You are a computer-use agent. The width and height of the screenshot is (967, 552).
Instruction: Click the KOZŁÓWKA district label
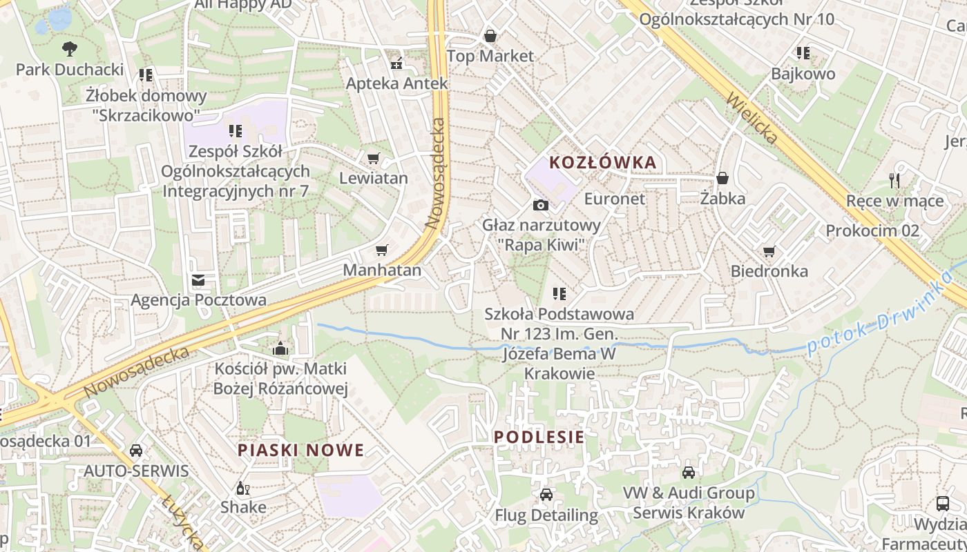click(602, 163)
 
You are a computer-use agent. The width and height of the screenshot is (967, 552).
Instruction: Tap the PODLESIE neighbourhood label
click(539, 437)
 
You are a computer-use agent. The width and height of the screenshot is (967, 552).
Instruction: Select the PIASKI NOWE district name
click(300, 451)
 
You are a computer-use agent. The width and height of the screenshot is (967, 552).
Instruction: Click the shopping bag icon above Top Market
click(490, 35)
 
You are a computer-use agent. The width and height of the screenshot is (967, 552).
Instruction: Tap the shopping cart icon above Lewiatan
click(374, 159)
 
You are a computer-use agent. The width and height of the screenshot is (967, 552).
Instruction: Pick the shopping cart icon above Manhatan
click(382, 250)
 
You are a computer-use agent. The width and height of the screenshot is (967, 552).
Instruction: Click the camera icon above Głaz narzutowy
click(541, 205)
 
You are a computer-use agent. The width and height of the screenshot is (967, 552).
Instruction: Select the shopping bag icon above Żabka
click(722, 179)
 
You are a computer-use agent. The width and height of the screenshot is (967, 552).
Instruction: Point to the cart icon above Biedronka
click(769, 251)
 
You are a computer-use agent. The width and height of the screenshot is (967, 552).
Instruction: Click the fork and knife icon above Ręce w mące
click(894, 181)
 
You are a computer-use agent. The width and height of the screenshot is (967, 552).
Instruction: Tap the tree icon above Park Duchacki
click(69, 49)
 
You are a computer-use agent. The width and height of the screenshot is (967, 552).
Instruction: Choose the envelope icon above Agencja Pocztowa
click(198, 280)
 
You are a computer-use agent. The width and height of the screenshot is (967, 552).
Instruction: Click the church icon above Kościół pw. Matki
click(280, 348)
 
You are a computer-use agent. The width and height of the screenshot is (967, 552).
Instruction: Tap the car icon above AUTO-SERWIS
click(136, 451)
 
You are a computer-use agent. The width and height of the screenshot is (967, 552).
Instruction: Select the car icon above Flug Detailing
click(546, 495)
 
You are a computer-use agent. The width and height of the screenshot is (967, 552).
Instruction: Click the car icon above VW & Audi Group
click(688, 473)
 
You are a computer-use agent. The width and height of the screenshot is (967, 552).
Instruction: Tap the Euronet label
click(614, 199)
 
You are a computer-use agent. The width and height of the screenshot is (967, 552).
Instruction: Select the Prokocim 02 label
click(872, 230)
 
